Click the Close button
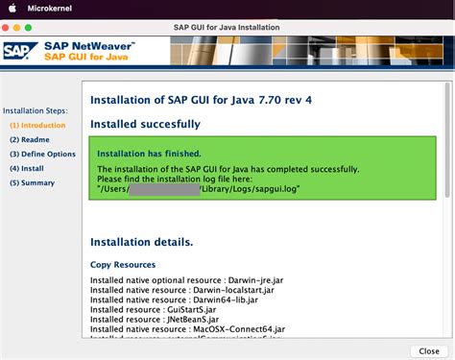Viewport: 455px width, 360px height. [429, 351]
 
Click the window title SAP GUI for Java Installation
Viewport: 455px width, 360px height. [227, 26]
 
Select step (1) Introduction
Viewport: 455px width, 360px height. [37, 125]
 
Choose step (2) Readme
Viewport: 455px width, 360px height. [31, 139]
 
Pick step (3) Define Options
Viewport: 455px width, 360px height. [42, 154]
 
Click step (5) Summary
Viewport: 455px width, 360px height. [32, 182]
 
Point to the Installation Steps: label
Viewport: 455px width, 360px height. [36, 110]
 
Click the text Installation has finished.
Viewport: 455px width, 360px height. [150, 154]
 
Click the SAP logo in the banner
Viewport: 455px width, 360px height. [20, 51]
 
